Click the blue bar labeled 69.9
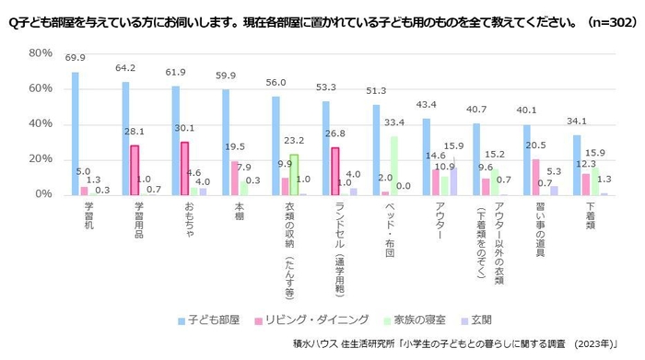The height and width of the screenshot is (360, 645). click(76, 134)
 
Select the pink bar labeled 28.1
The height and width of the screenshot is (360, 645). click(135, 170)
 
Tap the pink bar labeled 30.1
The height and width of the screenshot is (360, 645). click(184, 168)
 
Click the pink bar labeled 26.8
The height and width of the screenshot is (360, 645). click(334, 171)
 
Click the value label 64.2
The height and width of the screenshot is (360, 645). click(124, 68)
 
